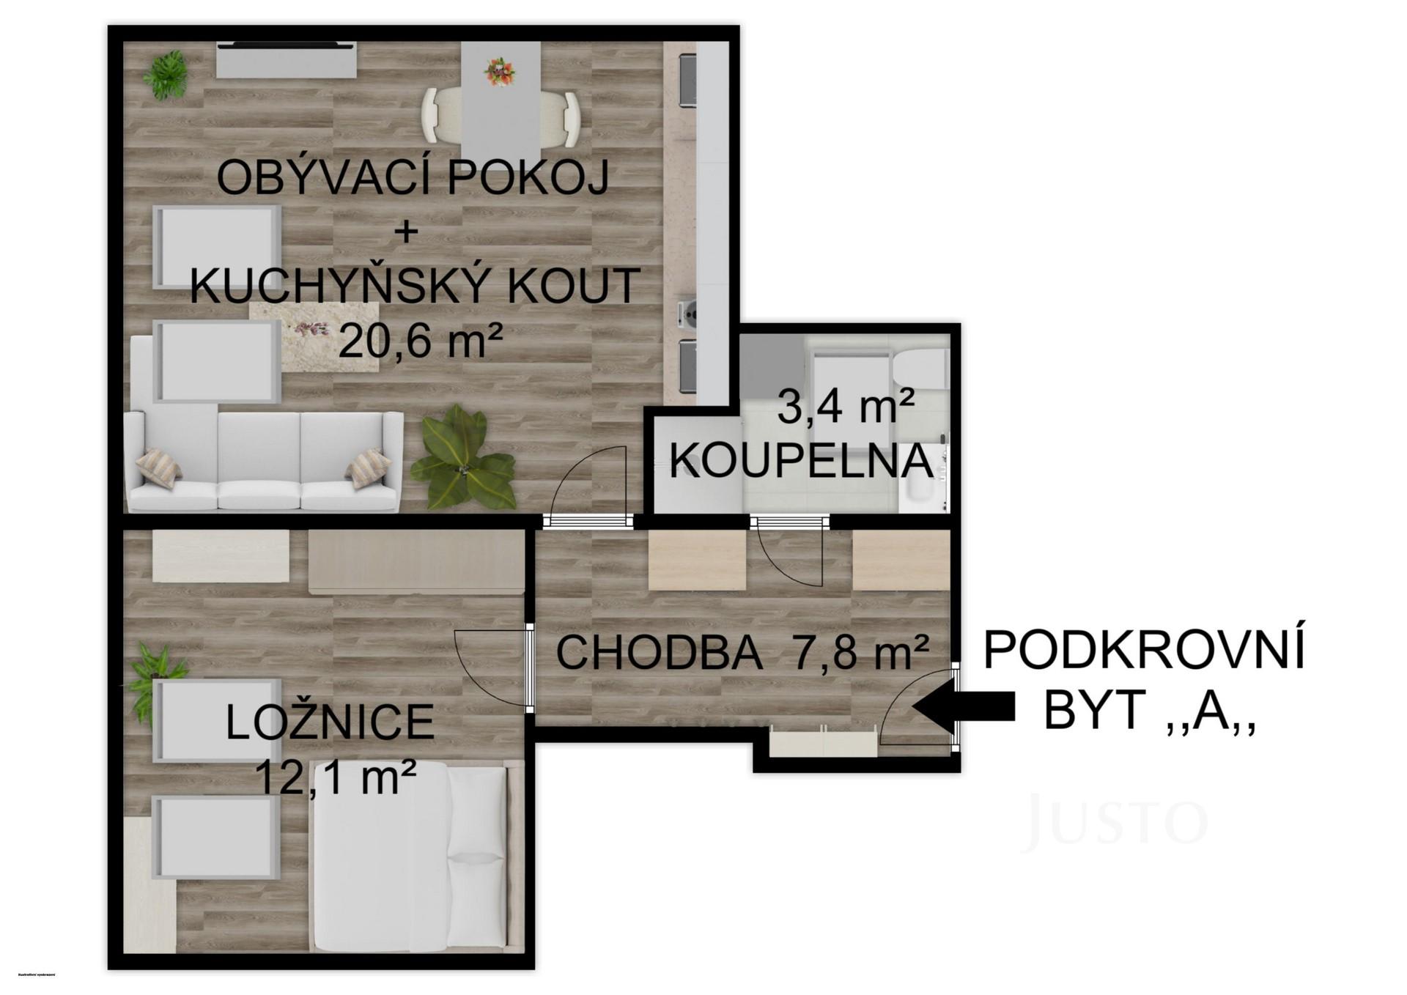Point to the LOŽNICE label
(x=330, y=722)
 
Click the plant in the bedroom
(x=156, y=670)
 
